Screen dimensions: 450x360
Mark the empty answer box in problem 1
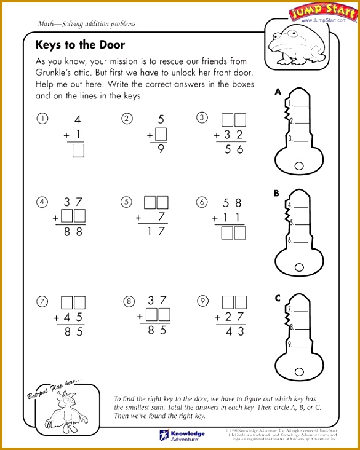pyautogui.click(x=78, y=150)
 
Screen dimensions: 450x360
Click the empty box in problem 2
pyautogui.click(x=161, y=134)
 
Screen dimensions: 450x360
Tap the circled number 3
pyautogui.click(x=201, y=119)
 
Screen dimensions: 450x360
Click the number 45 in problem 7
pyautogui.click(x=73, y=317)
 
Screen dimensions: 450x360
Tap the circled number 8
pyautogui.click(x=128, y=301)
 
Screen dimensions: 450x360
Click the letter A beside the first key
pyautogui.click(x=278, y=92)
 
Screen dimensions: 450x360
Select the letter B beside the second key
pyautogui.click(x=277, y=193)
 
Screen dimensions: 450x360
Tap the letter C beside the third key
pyautogui.click(x=278, y=299)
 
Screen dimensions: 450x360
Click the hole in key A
pyautogui.click(x=299, y=164)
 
